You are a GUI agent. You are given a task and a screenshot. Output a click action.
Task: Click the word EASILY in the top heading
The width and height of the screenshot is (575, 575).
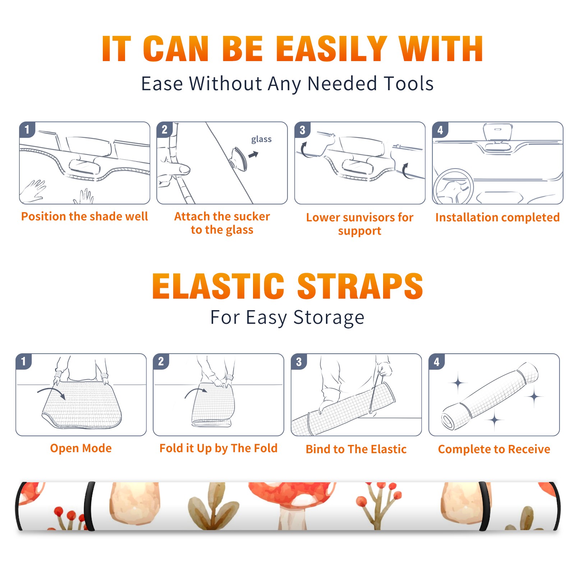pos(331,49)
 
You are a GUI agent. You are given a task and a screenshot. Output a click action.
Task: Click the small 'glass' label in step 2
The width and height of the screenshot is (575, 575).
pos(261,139)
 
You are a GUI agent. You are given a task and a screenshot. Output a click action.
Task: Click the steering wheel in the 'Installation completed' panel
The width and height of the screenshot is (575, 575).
pos(453,187)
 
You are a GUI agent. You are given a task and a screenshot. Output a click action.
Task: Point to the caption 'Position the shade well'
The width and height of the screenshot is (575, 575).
pos(84,216)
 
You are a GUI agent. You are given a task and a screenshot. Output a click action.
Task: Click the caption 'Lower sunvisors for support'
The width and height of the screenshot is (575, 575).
pos(360,224)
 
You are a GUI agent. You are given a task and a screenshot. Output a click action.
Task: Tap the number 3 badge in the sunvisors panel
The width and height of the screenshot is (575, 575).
pos(303,130)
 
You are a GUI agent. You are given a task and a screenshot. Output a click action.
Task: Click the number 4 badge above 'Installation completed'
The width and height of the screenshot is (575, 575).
pos(440,130)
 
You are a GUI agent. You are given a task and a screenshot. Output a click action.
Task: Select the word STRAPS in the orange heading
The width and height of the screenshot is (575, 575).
pos(360,286)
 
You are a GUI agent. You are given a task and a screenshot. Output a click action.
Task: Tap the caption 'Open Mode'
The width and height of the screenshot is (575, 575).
pos(81,448)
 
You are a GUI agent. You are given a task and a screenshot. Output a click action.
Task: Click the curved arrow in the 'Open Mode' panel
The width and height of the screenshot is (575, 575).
pos(51,391)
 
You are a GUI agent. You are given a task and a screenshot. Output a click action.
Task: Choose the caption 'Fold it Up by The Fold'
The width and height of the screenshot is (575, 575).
pos(218,448)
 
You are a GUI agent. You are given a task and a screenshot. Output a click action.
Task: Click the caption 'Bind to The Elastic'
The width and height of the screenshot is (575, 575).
pos(356,449)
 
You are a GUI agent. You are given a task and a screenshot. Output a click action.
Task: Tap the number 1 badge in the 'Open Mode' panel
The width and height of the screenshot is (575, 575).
pos(24,362)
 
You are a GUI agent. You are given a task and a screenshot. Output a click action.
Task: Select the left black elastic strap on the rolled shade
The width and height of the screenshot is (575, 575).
pos(89,506)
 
